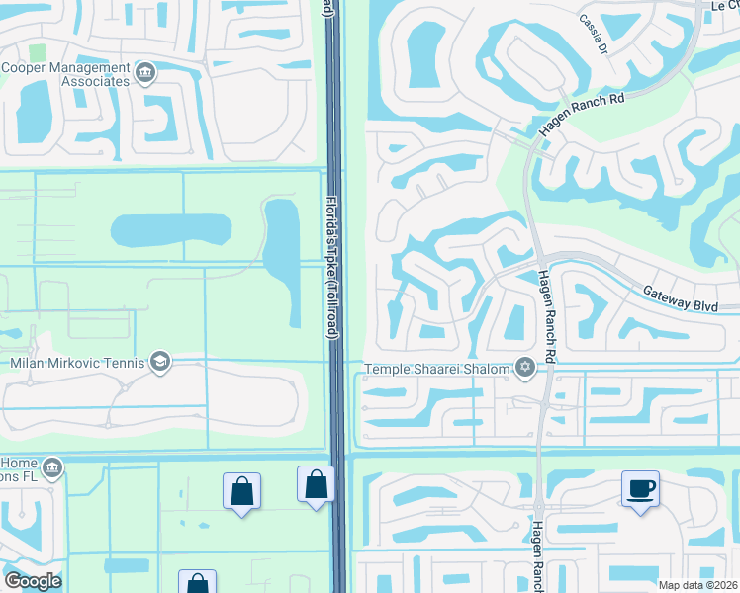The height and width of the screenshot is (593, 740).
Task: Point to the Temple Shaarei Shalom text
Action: (437, 370)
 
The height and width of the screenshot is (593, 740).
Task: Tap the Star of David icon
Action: (525, 369)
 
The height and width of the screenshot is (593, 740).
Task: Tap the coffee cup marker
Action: (639, 488)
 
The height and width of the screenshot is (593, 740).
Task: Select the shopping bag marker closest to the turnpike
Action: (316, 485)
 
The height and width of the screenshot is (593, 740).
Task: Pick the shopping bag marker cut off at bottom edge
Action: (197, 583)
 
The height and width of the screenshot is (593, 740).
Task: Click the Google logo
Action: (33, 581)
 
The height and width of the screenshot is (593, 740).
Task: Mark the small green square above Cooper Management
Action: (38, 51)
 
